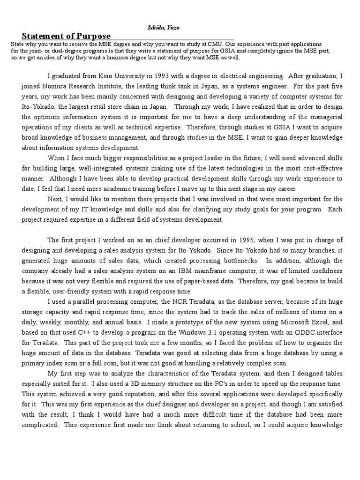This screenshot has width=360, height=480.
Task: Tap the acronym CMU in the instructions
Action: [x=216, y=44]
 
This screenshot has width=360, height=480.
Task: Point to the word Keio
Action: [x=106, y=75]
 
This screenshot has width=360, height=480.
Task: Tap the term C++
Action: [x=82, y=333]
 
